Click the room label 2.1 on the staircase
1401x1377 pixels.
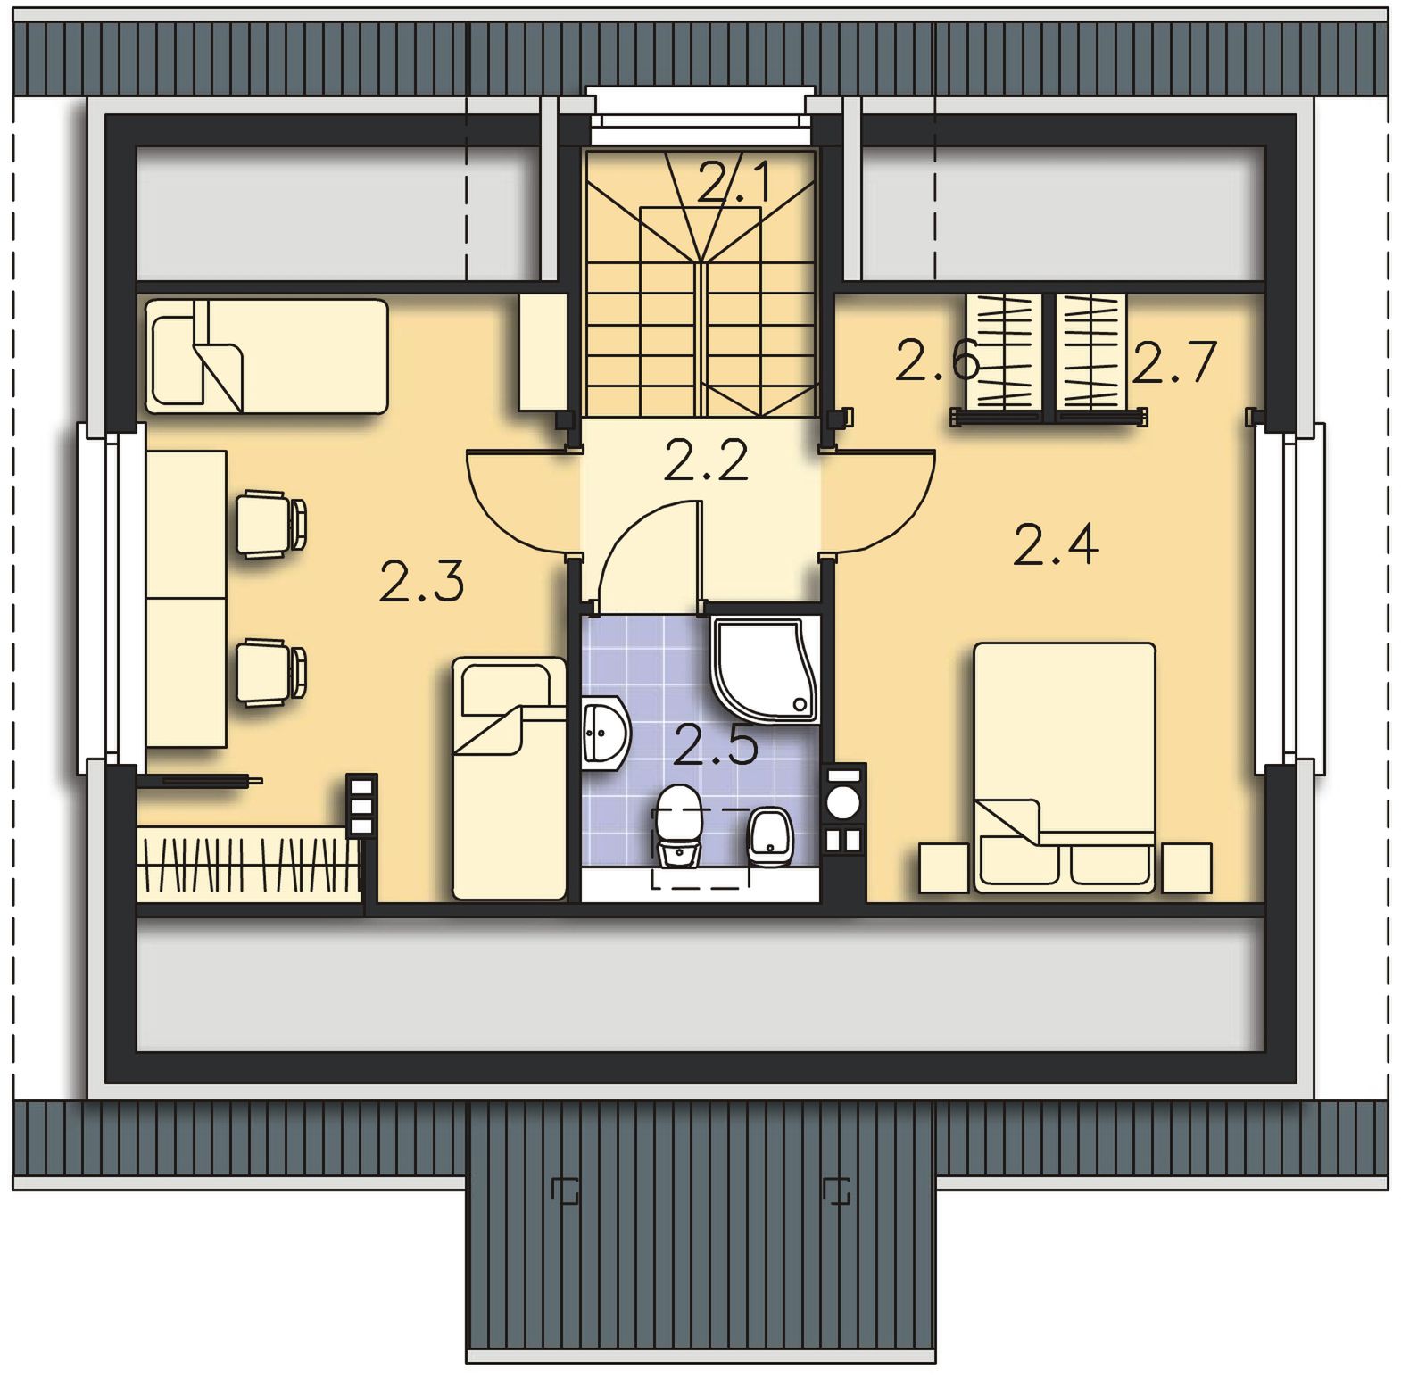coord(734,182)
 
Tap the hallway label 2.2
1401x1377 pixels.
coord(707,460)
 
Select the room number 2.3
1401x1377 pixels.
coord(422,581)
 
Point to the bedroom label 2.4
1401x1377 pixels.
coord(1056,544)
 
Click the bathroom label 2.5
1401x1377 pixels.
coord(716,745)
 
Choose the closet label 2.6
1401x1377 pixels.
coord(937,361)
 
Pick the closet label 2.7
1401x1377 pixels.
coord(1174,361)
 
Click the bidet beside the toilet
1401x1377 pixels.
coord(770,837)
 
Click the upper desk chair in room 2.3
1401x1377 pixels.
coord(271,523)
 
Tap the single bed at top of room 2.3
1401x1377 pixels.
coord(266,356)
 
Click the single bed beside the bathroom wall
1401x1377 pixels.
coord(510,778)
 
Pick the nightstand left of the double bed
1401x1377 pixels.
coord(944,867)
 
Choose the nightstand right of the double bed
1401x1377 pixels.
coord(1187,867)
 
